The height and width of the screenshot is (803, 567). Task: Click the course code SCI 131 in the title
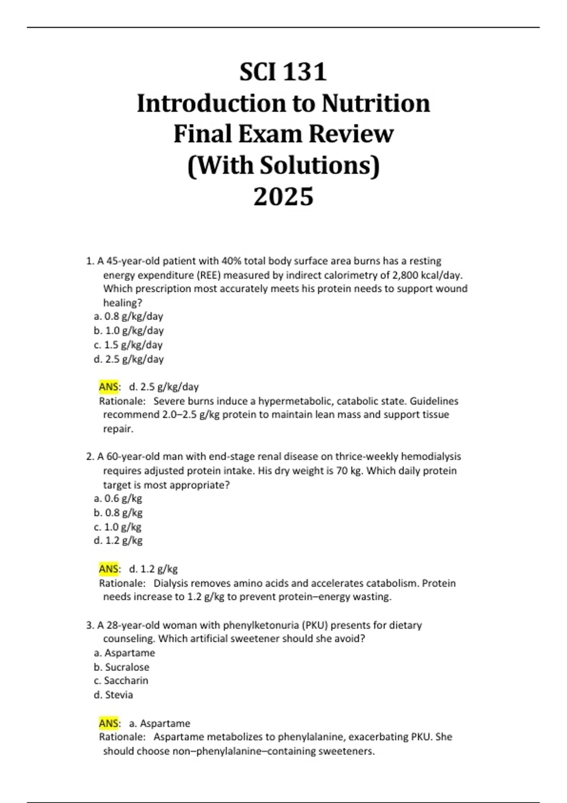[283, 72]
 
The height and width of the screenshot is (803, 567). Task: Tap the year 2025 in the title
[283, 197]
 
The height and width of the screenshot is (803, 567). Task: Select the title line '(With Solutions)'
[283, 165]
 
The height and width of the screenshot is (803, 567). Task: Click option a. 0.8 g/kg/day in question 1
[128, 316]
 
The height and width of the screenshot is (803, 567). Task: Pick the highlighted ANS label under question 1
[109, 387]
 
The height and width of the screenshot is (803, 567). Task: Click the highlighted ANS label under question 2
[109, 569]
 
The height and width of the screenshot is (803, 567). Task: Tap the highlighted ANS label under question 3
[109, 723]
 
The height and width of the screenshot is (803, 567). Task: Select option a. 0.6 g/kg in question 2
[118, 498]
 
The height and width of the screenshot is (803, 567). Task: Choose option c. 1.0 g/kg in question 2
[118, 527]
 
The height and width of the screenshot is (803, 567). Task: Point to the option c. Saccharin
[121, 681]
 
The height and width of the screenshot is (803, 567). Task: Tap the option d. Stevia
[113, 695]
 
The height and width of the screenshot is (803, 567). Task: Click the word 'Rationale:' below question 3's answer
[122, 737]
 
